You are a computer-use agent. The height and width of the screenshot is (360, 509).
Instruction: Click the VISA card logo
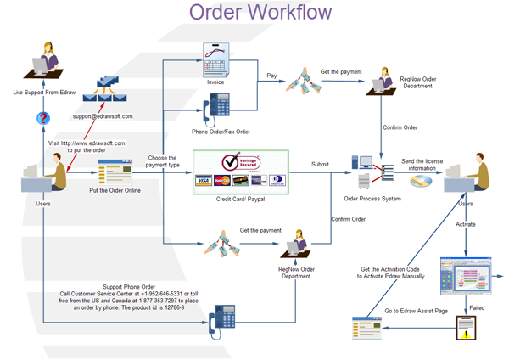pyautogui.click(x=203, y=180)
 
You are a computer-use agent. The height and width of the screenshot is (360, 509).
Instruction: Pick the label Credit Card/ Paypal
pyautogui.click(x=240, y=198)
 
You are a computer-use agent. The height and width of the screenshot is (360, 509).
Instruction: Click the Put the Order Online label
pyautogui.click(x=115, y=190)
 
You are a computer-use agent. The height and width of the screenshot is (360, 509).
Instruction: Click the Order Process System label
pyautogui.click(x=371, y=198)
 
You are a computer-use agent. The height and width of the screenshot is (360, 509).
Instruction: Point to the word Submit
pyautogui.click(x=320, y=164)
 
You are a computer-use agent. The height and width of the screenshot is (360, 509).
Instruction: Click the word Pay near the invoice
pyautogui.click(x=271, y=75)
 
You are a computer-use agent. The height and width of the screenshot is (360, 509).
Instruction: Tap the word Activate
pyautogui.click(x=466, y=225)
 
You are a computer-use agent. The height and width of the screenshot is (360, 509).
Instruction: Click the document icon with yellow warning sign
pyautogui.click(x=466, y=327)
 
